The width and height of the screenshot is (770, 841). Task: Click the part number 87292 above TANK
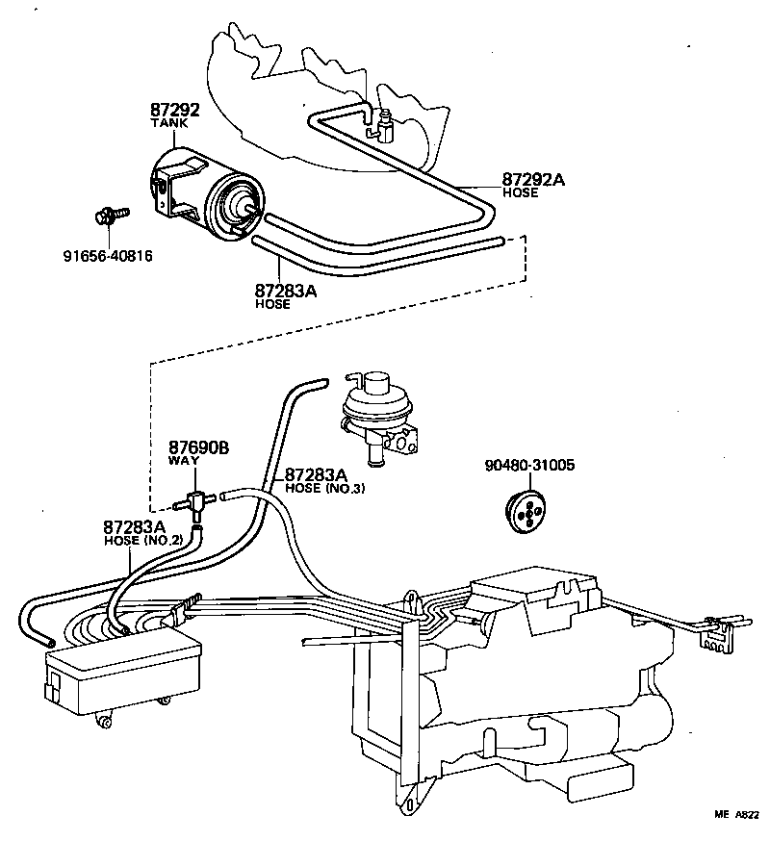coord(174,112)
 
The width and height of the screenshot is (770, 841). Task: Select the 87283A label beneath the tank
coord(286,290)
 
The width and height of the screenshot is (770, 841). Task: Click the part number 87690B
coord(200,448)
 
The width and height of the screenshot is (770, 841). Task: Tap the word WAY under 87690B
coord(184,462)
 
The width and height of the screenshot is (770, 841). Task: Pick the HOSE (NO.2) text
coord(143,541)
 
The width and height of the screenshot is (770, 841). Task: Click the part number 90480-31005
coord(530,465)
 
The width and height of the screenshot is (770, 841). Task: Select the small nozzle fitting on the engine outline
coord(387,125)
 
